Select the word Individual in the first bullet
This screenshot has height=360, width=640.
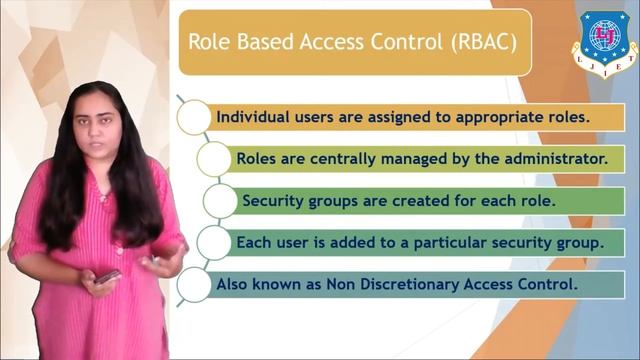[x=255, y=115]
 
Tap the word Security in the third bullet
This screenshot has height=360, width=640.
[x=271, y=200]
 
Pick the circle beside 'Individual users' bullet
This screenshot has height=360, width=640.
[x=194, y=116]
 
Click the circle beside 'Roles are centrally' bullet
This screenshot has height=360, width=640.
[x=213, y=158]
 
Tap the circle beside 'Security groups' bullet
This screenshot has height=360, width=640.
[x=220, y=200]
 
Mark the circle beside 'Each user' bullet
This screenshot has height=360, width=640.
[x=213, y=242]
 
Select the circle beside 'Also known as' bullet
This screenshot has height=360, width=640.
[x=194, y=284]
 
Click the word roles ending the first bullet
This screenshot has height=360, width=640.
[x=569, y=115]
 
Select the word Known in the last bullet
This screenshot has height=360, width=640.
[x=278, y=284]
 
